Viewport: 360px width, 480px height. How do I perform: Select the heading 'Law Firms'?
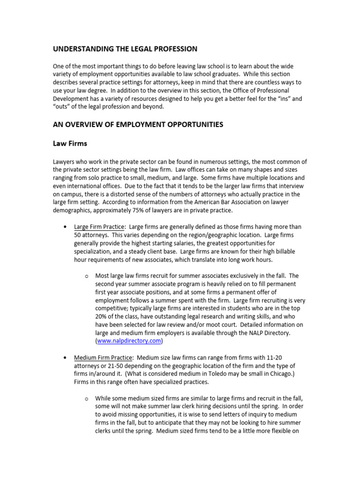69,144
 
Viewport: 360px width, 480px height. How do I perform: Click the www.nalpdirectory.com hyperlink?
129,341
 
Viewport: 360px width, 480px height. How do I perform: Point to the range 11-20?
277,358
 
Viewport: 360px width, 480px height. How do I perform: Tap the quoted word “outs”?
63,106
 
